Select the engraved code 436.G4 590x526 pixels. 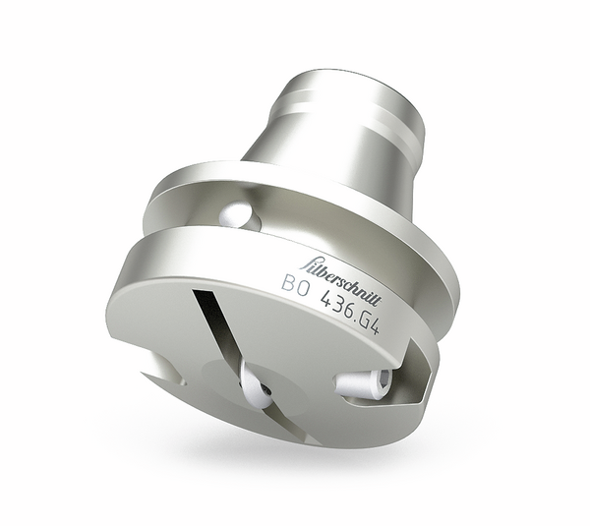349,314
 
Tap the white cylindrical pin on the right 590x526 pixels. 364,381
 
